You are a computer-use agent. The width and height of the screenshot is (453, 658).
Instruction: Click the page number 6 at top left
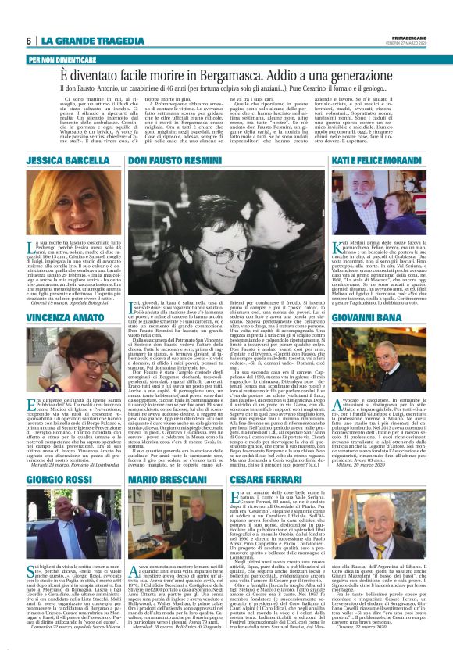[28, 41]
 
